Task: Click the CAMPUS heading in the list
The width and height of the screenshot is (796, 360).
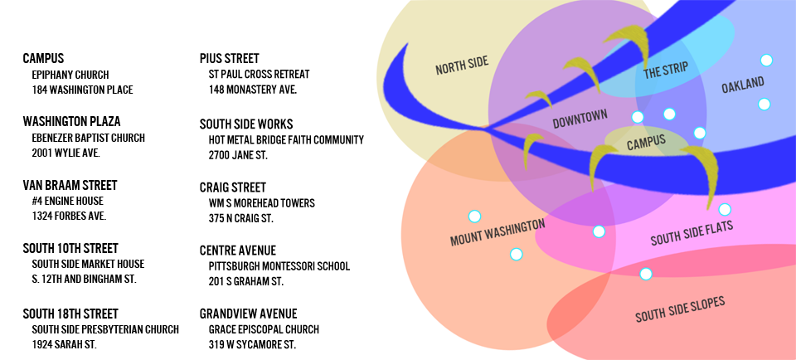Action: coord(43,58)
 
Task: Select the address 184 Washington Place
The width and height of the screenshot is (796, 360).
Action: coord(82,90)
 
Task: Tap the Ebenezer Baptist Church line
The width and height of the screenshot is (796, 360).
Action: coord(89,138)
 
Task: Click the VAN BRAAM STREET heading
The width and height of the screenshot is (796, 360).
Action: coord(70,185)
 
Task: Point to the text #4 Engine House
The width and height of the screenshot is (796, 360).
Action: coord(67,201)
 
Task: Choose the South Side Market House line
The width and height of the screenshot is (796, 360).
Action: coord(89,264)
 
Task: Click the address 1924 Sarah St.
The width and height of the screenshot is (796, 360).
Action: coord(65,344)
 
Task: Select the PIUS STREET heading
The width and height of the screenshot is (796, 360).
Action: coord(230,58)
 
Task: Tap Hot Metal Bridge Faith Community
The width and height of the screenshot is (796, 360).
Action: coord(286,139)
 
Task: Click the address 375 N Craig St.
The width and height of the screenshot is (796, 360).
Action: coord(241,219)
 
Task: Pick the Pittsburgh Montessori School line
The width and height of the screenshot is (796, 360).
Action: coord(279,266)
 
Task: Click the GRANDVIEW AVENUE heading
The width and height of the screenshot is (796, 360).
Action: coord(248,314)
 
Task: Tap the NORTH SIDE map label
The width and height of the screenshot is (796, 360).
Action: coord(462,66)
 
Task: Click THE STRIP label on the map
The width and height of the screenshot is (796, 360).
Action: coord(666,71)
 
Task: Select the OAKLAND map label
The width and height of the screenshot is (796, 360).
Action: coord(743,85)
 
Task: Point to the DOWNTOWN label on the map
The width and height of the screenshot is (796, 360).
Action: coord(580,119)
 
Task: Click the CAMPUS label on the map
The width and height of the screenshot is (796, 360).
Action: coord(646,142)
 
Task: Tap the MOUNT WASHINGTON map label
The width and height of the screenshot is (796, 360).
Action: coord(498,232)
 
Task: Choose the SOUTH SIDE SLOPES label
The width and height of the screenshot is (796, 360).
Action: coord(680,309)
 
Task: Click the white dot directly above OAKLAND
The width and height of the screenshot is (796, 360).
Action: coord(766,61)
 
